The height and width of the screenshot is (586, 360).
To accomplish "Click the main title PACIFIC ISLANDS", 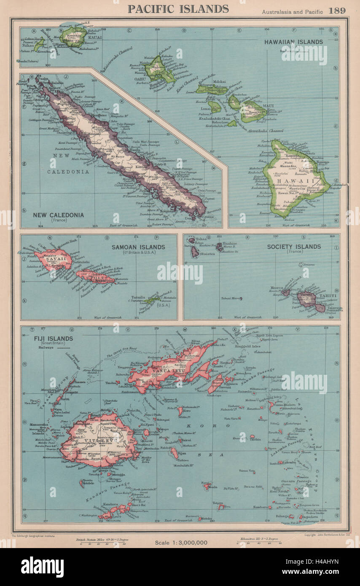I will [x=179, y=9].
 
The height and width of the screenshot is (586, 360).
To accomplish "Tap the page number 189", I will [x=338, y=11].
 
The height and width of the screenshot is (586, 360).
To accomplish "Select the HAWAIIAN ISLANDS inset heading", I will [x=293, y=42].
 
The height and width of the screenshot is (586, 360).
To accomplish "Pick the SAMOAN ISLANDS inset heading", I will [x=138, y=247].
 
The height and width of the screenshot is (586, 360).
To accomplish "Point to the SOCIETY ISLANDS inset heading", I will [x=294, y=246].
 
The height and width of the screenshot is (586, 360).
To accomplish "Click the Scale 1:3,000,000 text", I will [x=181, y=542].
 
